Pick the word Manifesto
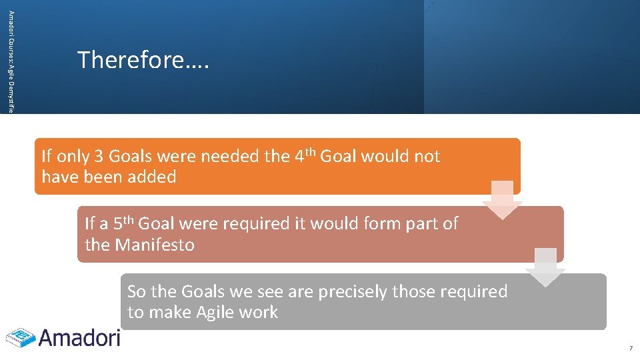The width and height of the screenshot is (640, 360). pyautogui.click(x=155, y=245)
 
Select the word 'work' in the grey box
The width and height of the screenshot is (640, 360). pyautogui.click(x=259, y=313)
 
